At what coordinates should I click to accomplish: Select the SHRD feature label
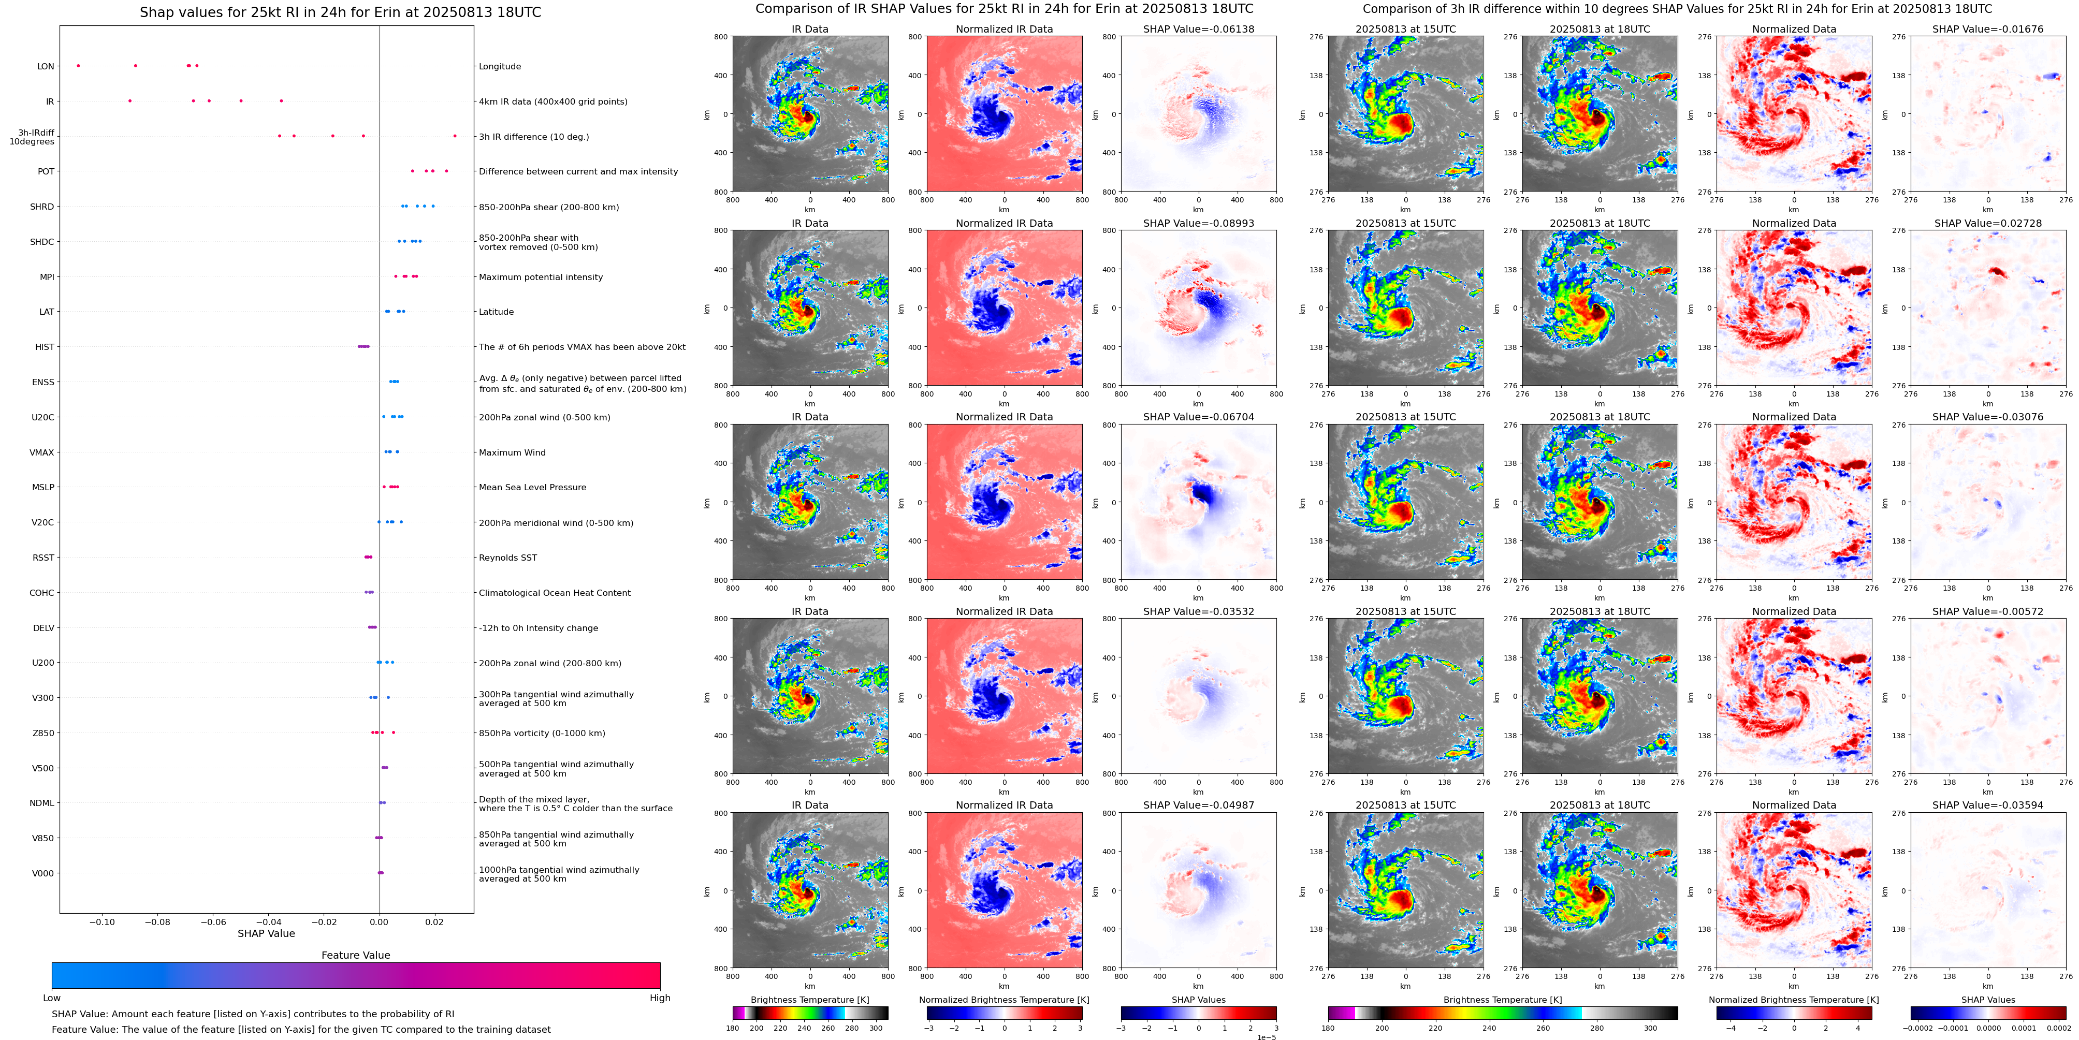42,207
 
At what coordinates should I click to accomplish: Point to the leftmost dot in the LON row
78,65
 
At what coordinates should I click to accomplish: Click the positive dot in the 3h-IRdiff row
455,136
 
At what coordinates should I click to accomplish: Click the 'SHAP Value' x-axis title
266,933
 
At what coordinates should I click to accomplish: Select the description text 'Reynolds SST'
507,558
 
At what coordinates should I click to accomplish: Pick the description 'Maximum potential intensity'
541,277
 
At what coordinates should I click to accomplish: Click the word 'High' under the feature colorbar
660,998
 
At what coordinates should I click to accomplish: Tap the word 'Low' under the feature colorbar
52,998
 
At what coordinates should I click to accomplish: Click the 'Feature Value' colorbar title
356,955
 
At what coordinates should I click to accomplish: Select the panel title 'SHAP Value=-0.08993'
1199,224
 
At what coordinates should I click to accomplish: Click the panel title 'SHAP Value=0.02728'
1988,224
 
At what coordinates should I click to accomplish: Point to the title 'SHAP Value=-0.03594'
1988,805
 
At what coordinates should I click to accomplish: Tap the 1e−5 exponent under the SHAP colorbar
1266,1037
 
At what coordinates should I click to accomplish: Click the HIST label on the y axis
45,347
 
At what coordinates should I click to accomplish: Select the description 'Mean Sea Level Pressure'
533,487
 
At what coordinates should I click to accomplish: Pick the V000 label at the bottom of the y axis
43,873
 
